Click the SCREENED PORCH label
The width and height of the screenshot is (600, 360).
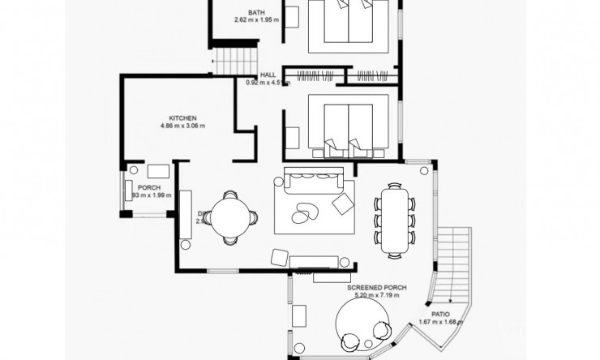[377, 289]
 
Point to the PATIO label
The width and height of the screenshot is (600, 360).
[440, 314]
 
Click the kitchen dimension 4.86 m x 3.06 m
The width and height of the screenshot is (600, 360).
[182, 126]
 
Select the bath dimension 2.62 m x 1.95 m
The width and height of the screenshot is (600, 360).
[256, 20]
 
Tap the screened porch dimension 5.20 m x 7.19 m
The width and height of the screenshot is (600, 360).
[377, 296]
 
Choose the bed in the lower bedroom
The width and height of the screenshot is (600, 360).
[349, 126]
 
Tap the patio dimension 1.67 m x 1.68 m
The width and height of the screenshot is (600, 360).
[440, 322]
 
